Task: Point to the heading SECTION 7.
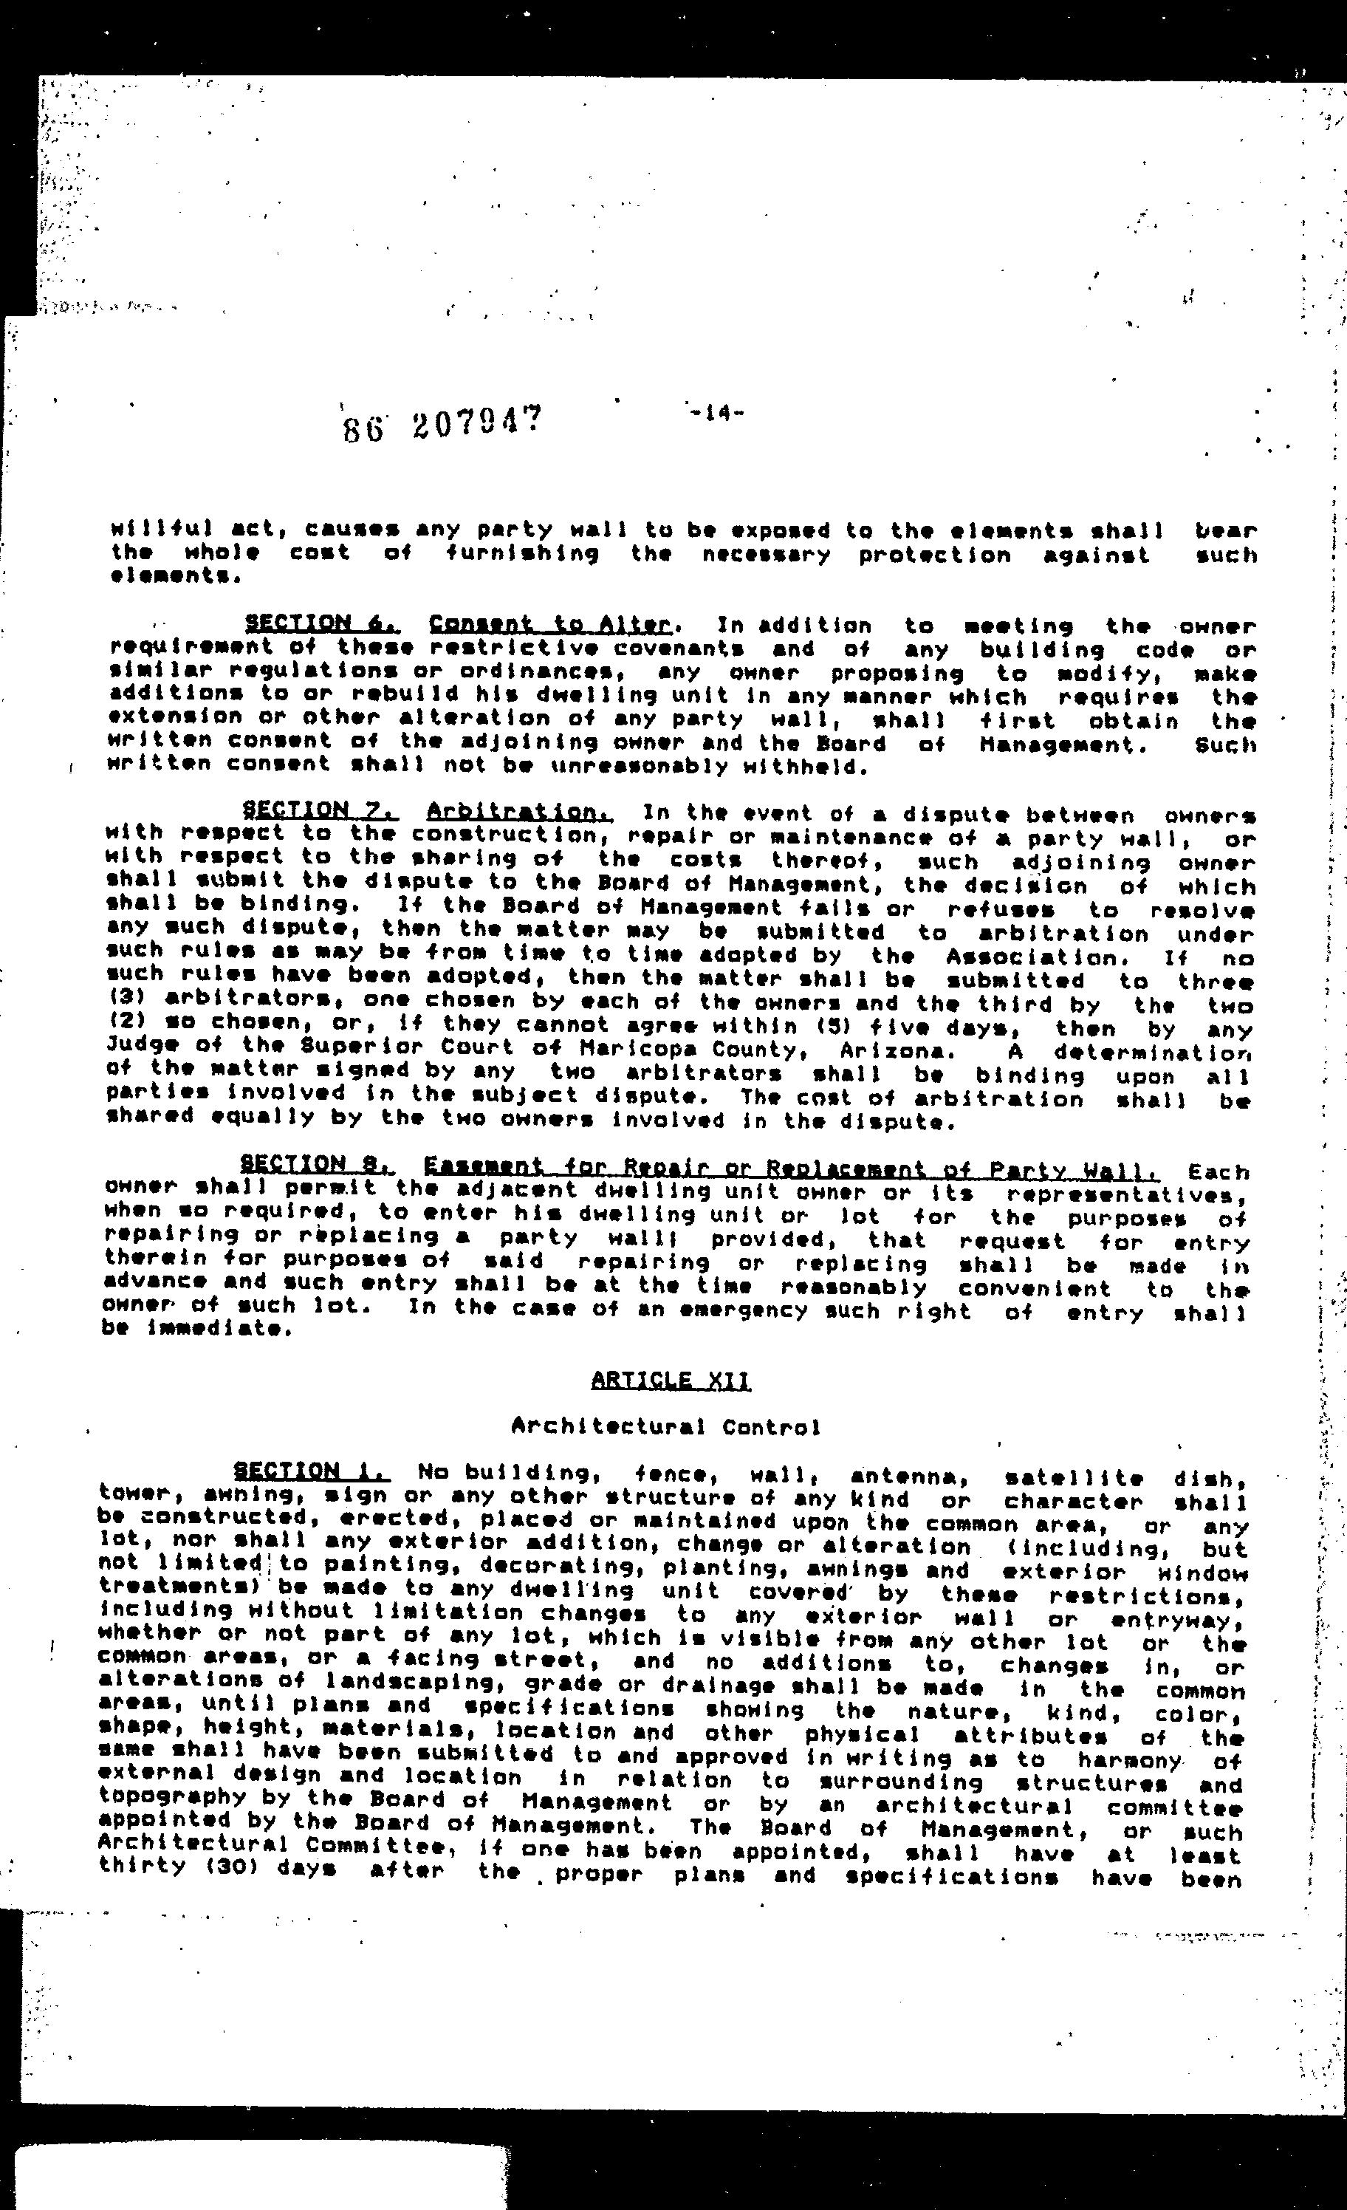click(319, 811)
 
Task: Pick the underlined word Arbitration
click(519, 812)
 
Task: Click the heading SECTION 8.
click(317, 1164)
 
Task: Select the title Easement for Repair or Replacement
click(790, 1168)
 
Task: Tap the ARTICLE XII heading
click(671, 1380)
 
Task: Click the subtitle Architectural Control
click(665, 1426)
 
